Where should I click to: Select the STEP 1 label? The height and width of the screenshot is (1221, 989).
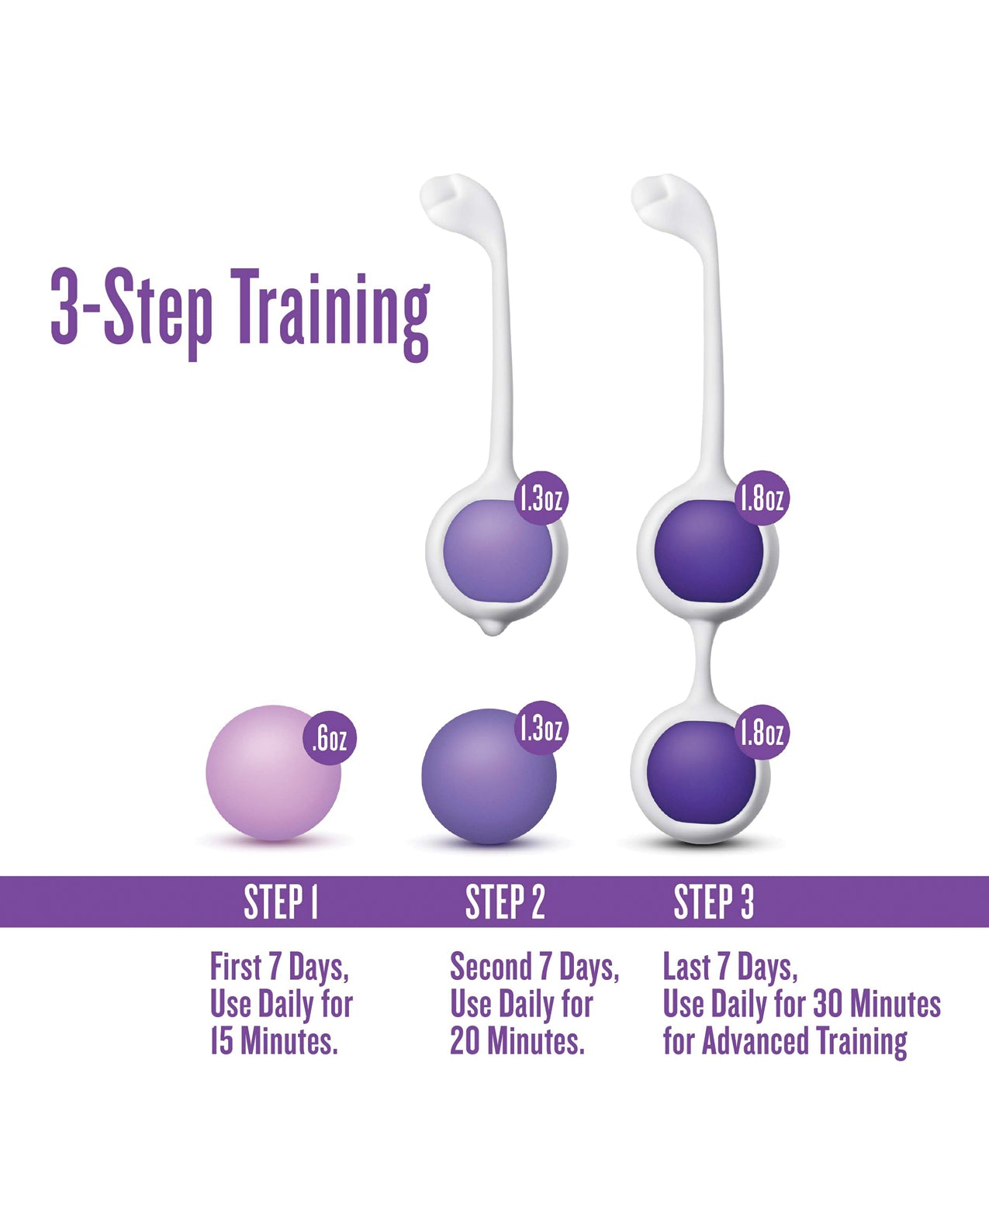tap(281, 902)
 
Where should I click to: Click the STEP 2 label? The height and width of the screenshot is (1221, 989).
tap(505, 902)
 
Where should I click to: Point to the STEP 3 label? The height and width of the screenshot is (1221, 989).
tap(714, 902)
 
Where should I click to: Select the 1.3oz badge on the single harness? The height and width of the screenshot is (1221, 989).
tap(541, 498)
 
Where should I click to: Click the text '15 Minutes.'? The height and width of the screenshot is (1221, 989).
tap(274, 1041)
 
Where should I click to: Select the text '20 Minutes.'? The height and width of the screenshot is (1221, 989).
tap(517, 1041)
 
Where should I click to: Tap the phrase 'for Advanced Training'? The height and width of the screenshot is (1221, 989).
tap(785, 1041)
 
